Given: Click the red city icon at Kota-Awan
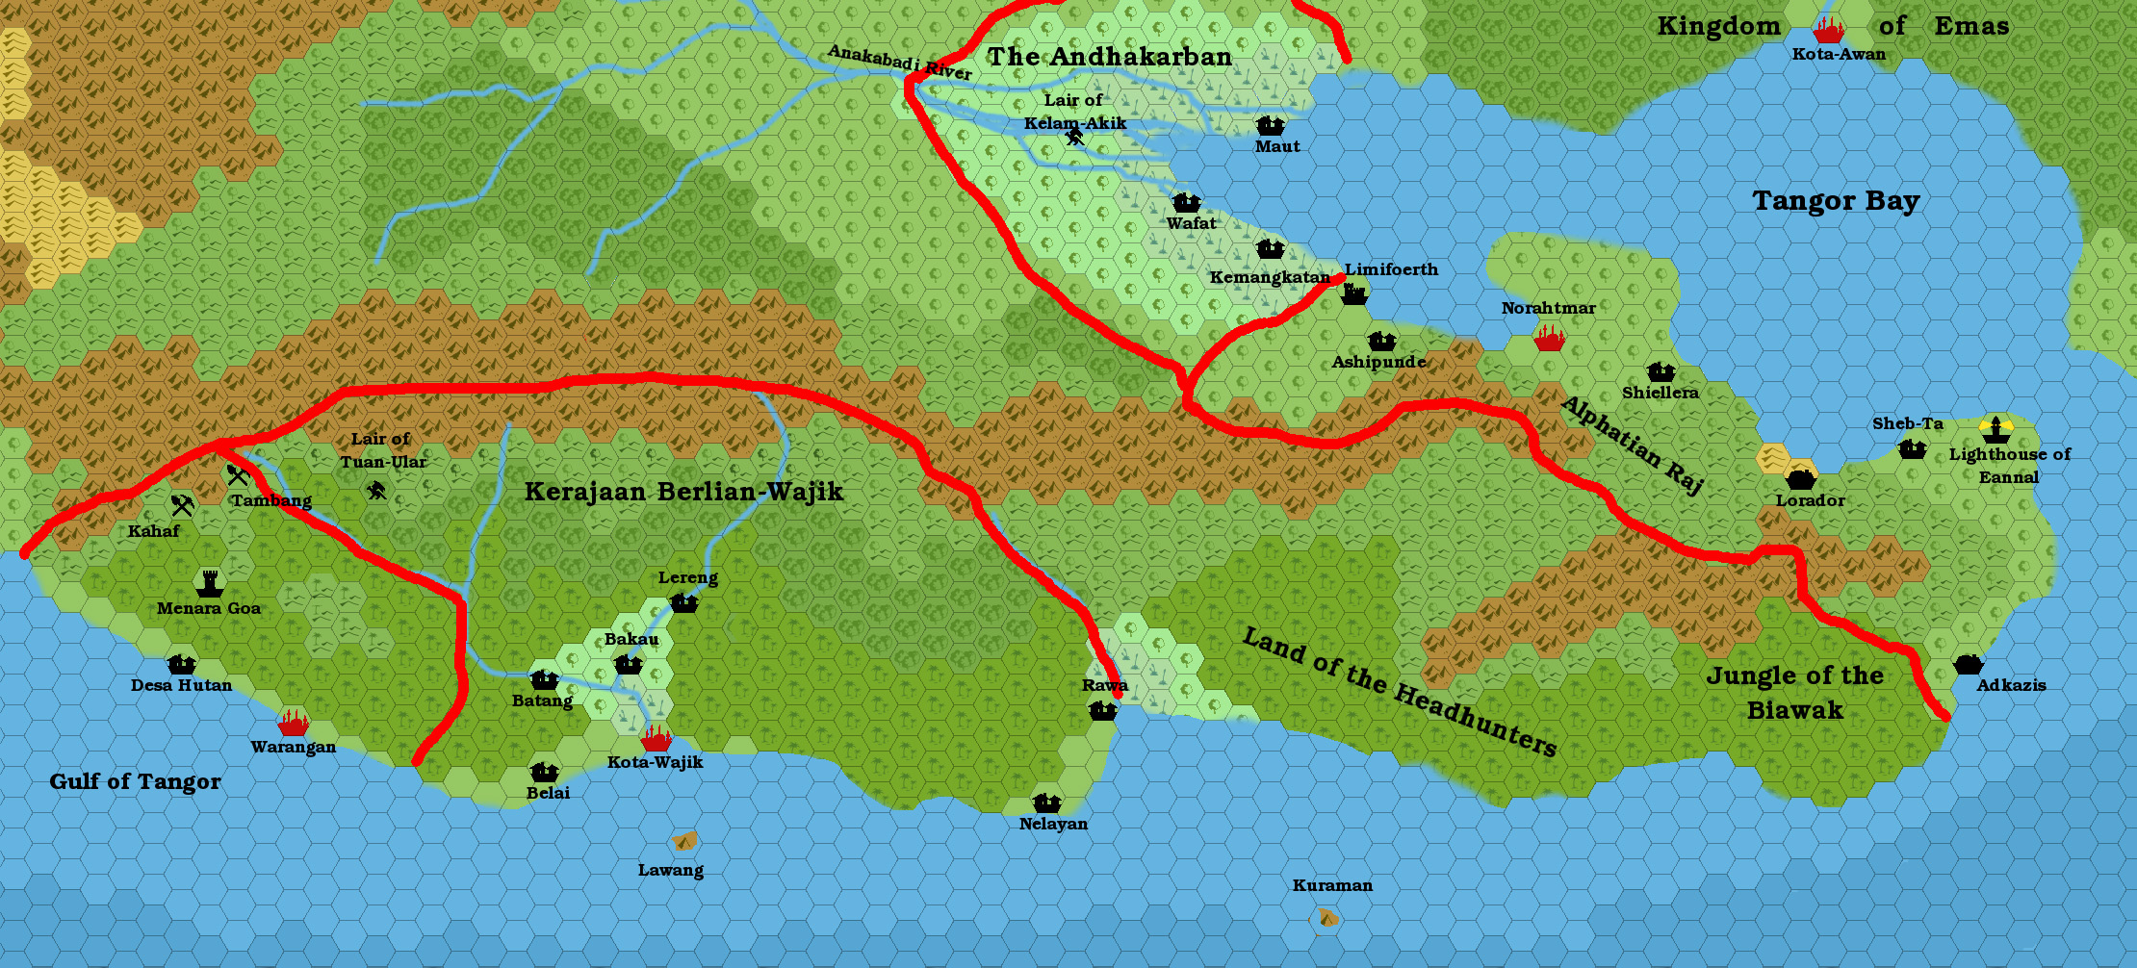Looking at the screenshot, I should pyautogui.click(x=1828, y=31).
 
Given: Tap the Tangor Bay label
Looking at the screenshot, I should pyautogui.click(x=1835, y=201).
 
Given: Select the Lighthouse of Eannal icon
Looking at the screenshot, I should pyautogui.click(x=1995, y=429).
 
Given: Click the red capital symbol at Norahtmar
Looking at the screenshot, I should pyautogui.click(x=1549, y=338).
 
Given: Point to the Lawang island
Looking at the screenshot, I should pyautogui.click(x=684, y=842).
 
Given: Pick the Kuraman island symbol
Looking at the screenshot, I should pyautogui.click(x=1326, y=918).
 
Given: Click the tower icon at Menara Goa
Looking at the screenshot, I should pyautogui.click(x=210, y=583).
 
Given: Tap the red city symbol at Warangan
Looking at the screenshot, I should pyautogui.click(x=293, y=723).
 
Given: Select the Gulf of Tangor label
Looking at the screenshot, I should pyautogui.click(x=135, y=781).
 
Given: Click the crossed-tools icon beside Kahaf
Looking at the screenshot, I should pyautogui.click(x=183, y=504).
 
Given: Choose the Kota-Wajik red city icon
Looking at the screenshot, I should pyautogui.click(x=657, y=739).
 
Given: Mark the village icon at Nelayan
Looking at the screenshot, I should pyautogui.click(x=1046, y=802).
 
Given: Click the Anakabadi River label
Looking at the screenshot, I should pyautogui.click(x=899, y=63).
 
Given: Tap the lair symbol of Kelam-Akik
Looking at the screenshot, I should pyautogui.click(x=1075, y=138).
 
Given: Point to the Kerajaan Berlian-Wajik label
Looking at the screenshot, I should pyautogui.click(x=683, y=492).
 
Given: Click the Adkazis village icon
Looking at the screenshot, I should pyautogui.click(x=1968, y=664).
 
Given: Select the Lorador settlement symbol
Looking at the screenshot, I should pyautogui.click(x=1800, y=478).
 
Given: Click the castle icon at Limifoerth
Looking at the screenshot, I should pyautogui.click(x=1354, y=293).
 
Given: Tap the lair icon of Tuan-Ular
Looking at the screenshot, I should pyautogui.click(x=376, y=491).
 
